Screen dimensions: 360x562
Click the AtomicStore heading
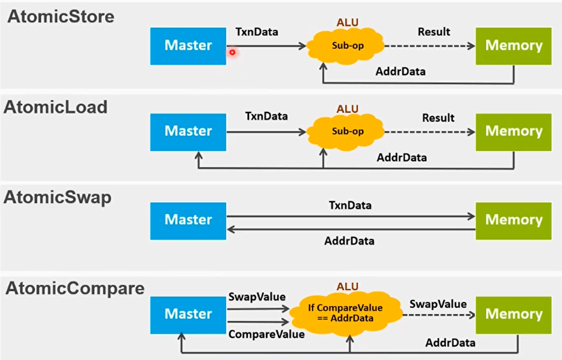[61, 17]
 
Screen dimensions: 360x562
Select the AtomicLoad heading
[56, 107]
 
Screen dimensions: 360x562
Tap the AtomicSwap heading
[57, 197]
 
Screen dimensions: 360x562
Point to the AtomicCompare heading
[75, 288]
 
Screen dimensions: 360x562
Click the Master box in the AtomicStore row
[188, 45]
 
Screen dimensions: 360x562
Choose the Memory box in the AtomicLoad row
[513, 131]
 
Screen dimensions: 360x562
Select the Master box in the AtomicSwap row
[188, 219]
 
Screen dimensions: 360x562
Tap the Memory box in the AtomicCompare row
[513, 314]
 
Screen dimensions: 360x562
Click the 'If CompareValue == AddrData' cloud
[345, 313]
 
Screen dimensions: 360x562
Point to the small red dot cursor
[232, 52]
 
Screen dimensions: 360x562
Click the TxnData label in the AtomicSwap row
[350, 205]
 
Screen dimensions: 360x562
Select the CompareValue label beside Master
[267, 335]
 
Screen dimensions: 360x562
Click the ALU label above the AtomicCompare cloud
[348, 286]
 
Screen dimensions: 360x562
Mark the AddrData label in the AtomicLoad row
[401, 158]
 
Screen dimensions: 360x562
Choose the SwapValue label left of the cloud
[257, 298]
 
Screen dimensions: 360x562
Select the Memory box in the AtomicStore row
[513, 45]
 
